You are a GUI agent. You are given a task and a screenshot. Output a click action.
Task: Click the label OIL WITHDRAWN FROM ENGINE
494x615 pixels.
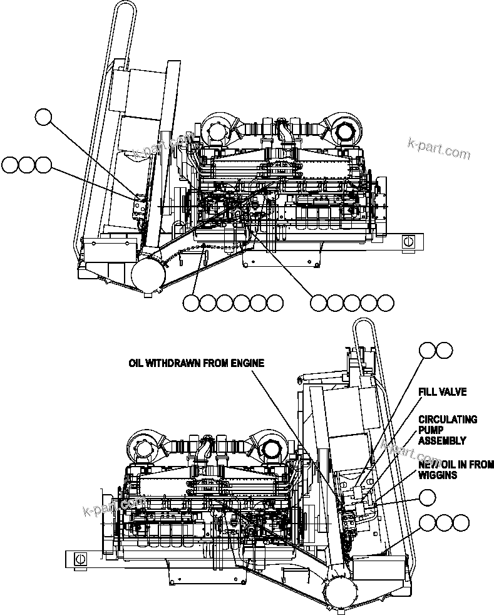tap(196, 363)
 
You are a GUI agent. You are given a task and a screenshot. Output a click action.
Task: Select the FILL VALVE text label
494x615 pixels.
tap(443, 393)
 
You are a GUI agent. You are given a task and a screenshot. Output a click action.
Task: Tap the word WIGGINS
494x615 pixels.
tap(438, 475)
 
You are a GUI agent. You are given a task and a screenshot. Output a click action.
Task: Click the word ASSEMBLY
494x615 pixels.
tap(442, 441)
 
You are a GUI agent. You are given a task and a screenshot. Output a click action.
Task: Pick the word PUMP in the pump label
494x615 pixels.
tap(431, 431)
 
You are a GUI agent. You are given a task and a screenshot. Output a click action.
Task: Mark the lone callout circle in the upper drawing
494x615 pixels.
tap(44, 116)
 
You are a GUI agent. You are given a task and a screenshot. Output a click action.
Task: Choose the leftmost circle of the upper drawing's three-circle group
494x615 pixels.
tap(10, 165)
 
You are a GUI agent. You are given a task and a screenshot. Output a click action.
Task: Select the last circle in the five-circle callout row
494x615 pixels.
tap(386, 303)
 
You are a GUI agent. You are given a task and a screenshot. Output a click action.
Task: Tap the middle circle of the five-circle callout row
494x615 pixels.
tap(352, 303)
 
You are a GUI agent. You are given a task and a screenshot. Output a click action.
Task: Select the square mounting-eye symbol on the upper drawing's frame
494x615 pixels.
tap(409, 241)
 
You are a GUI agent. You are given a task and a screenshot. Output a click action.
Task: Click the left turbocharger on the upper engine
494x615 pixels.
tap(215, 130)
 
